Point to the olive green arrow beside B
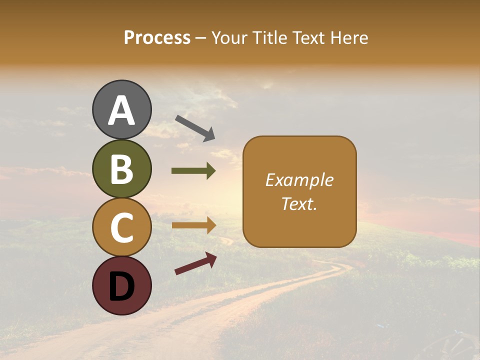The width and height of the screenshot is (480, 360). [193, 171]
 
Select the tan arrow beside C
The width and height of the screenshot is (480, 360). [194, 225]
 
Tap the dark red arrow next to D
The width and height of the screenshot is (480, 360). [195, 263]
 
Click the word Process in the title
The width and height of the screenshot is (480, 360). [157, 37]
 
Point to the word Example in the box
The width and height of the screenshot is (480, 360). [299, 180]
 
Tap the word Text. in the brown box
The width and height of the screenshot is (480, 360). [299, 203]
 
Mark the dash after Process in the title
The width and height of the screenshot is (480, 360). [201, 38]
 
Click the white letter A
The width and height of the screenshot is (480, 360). [121, 111]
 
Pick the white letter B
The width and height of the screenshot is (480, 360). [121, 169]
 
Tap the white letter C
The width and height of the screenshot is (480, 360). [121, 228]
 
